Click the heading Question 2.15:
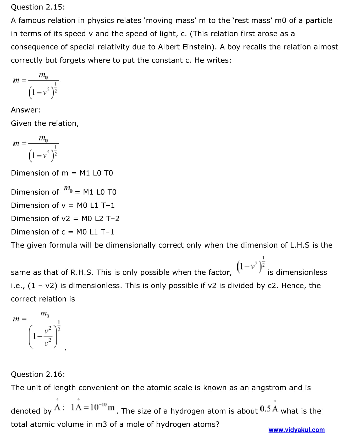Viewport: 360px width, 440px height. coord(38,7)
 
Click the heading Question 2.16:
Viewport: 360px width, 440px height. coord(38,374)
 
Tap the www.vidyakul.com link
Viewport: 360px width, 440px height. coord(296,430)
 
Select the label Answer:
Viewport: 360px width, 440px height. coord(26,110)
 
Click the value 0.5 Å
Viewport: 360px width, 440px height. coord(269,409)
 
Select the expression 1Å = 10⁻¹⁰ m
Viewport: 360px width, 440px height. coord(93,408)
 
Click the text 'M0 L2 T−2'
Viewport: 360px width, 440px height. coord(100,219)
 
